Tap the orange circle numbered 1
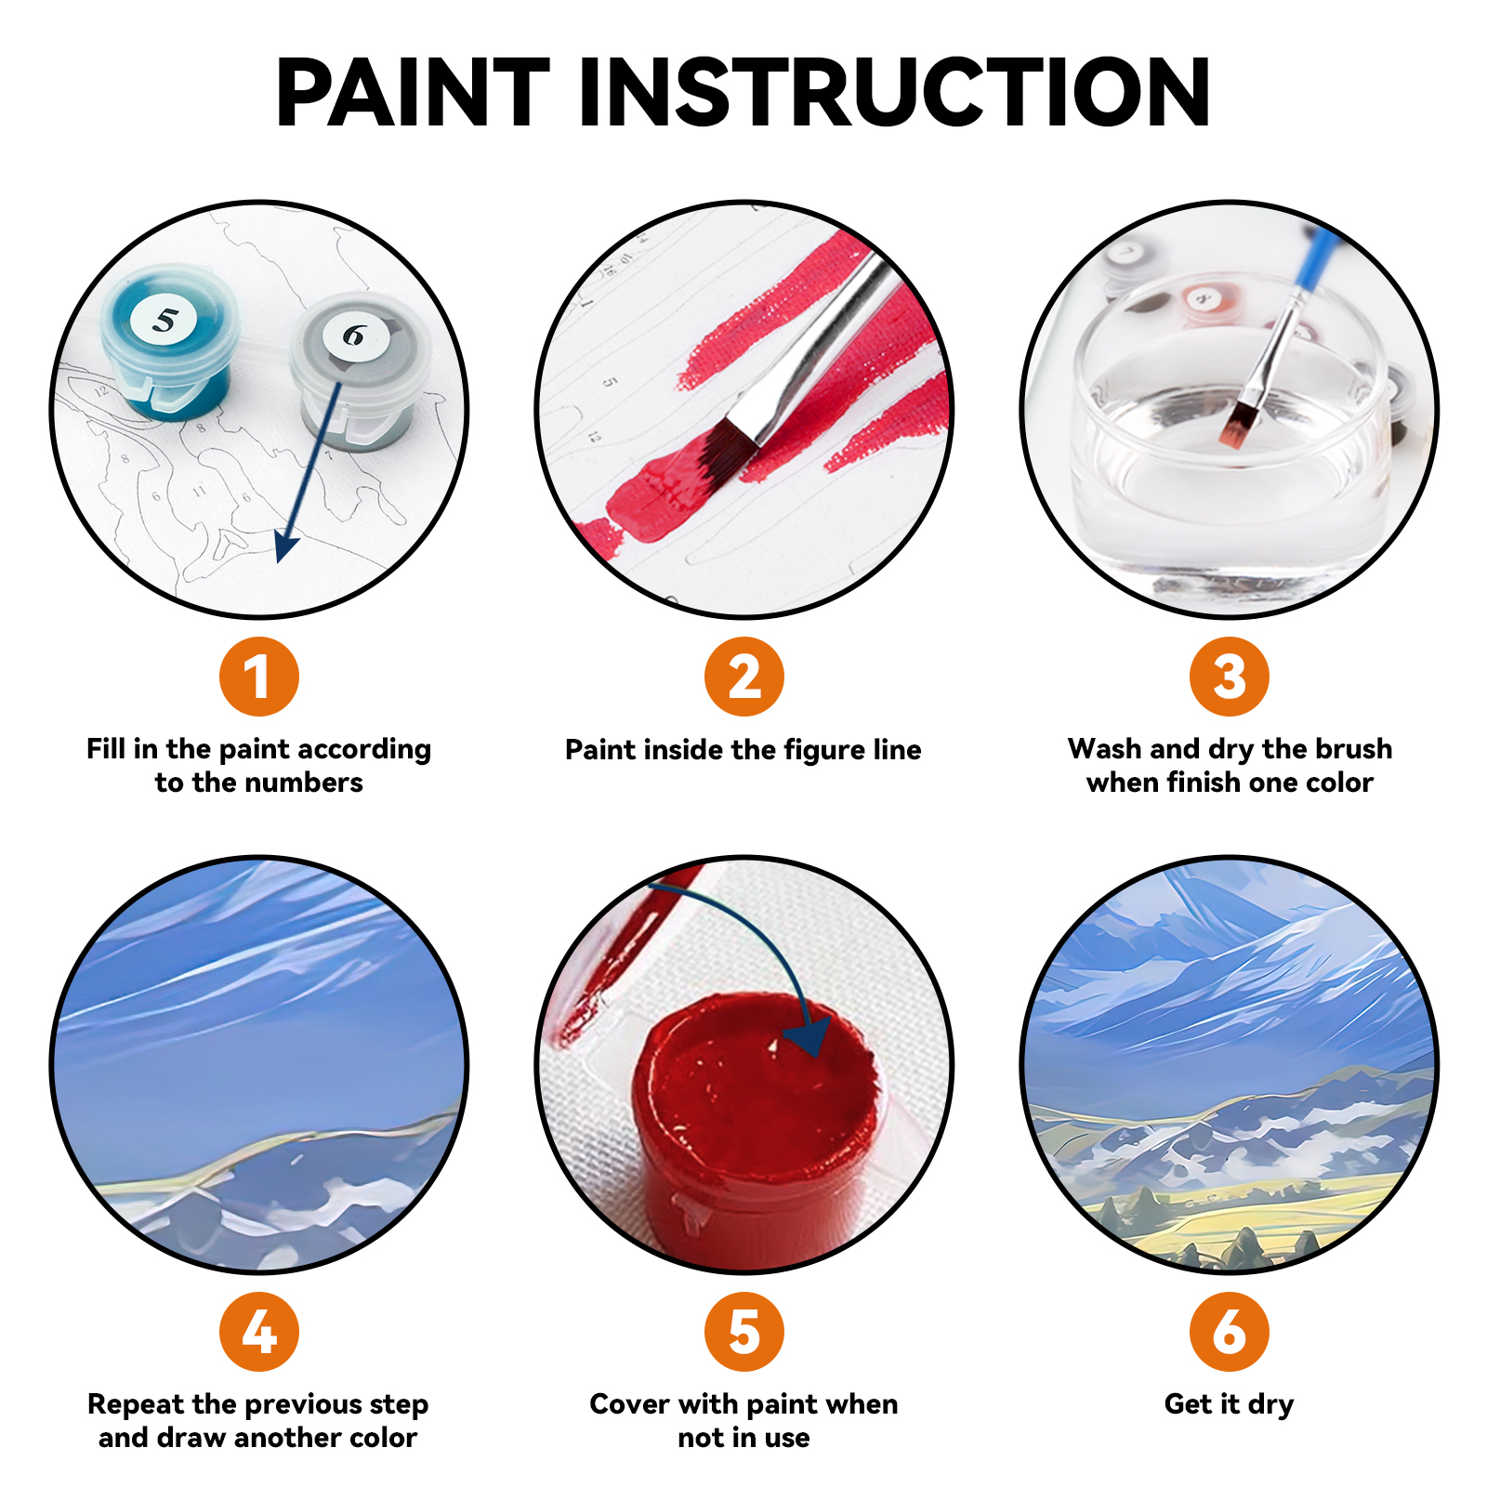(x=258, y=677)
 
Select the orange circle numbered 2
(x=743, y=677)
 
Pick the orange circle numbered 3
(x=1229, y=677)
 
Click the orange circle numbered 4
(x=258, y=1331)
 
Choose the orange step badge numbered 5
(x=743, y=1331)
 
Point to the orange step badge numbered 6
(x=1229, y=1331)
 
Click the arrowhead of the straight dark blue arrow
(x=284, y=548)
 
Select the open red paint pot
(x=753, y=1106)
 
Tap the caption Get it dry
(x=1229, y=1403)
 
